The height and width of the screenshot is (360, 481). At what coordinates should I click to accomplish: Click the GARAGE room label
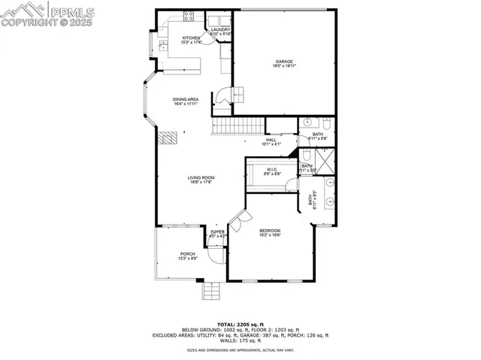[283, 62]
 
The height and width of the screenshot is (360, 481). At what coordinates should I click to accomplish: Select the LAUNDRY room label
[219, 29]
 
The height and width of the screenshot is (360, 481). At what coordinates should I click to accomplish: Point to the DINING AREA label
[186, 99]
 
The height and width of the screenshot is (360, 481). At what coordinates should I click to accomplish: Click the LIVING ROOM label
[201, 177]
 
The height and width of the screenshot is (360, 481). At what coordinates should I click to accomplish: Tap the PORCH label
[187, 254]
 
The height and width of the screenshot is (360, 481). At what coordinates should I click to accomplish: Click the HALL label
[271, 139]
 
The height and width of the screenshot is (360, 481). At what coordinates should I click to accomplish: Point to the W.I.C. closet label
[271, 170]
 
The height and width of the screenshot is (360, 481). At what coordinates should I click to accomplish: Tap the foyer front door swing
[216, 254]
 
